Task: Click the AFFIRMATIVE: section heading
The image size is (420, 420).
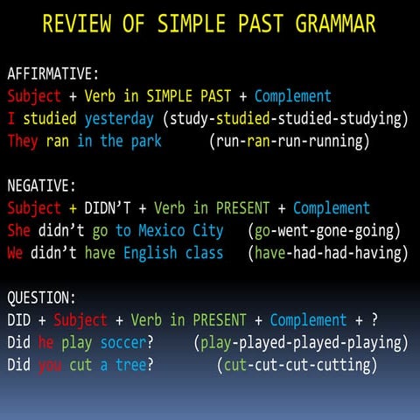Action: tap(53, 73)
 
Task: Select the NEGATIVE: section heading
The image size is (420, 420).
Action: tap(42, 185)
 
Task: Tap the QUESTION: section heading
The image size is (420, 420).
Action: tap(42, 298)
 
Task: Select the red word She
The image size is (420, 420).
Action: tap(18, 231)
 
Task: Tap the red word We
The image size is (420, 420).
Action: tap(15, 254)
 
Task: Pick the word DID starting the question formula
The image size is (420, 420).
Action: tap(18, 320)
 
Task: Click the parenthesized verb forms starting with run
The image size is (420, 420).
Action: tap(289, 141)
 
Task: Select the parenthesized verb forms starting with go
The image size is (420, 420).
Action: tap(324, 231)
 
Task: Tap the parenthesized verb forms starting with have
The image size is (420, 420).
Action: tap(328, 254)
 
